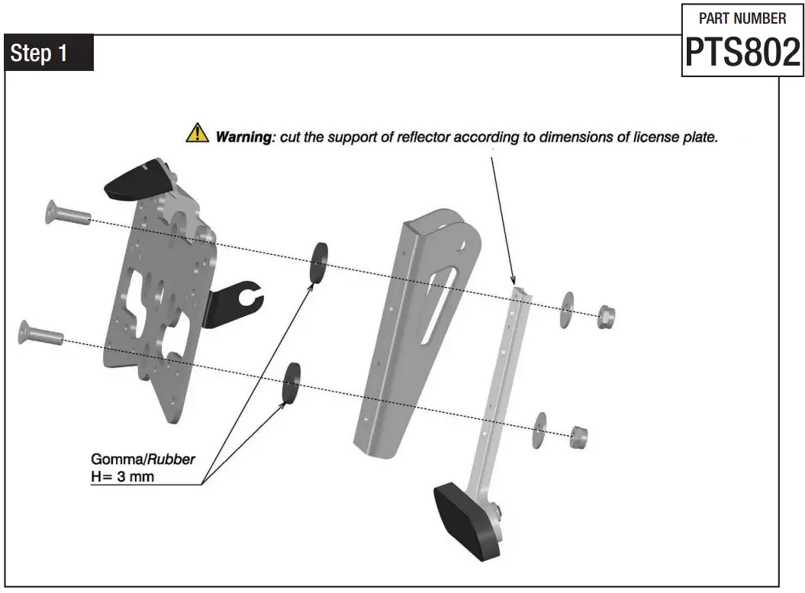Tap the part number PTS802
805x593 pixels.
tap(742, 52)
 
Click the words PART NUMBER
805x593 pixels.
tap(742, 18)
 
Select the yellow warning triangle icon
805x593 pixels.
tap(197, 135)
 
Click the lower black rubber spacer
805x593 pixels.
tap(292, 382)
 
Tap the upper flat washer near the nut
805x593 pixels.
tap(568, 308)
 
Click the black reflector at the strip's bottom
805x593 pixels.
tap(467, 520)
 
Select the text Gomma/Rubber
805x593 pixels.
tap(143, 460)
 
